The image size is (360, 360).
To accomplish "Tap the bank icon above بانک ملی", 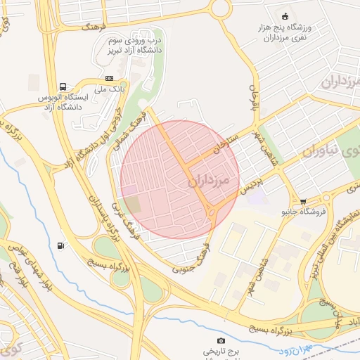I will coord(109,78).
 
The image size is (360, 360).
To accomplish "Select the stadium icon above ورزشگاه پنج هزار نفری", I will coord(284,16).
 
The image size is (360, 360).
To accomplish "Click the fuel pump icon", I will coord(61,246).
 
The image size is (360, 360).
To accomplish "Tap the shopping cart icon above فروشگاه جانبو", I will coord(303,201).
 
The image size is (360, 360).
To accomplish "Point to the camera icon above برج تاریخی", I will coord(221,341).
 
